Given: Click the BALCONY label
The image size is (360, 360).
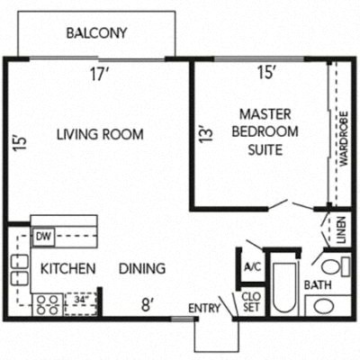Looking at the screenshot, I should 96,34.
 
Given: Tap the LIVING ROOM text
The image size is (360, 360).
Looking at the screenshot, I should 100,135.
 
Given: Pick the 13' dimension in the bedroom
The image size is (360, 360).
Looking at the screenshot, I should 204,136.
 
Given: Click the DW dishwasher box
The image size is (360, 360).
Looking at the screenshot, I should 42,238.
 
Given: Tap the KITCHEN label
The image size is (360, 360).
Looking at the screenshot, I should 68,268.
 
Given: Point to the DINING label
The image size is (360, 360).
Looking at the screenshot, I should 142,268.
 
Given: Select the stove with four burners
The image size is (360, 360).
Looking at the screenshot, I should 46,304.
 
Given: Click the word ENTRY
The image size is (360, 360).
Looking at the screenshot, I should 204,310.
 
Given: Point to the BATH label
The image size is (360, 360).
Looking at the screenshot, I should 318,285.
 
